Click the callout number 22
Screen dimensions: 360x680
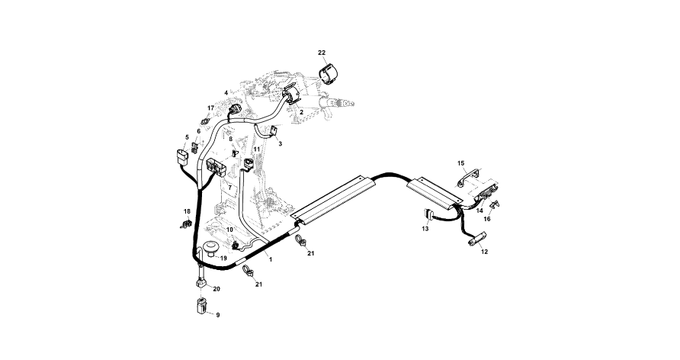click(322, 52)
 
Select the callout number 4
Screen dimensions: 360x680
click(226, 93)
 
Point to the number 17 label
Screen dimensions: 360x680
click(211, 108)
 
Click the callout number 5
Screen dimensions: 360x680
click(187, 137)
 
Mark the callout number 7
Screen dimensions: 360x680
click(229, 187)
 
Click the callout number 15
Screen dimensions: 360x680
click(460, 163)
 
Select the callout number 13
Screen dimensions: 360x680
click(425, 229)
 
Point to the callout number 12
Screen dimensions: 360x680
click(485, 252)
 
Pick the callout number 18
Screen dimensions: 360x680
click(187, 211)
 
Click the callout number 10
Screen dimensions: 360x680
click(229, 230)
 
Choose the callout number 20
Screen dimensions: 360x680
click(216, 289)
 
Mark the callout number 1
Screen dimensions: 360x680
click(270, 259)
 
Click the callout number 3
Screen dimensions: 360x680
click(280, 143)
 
